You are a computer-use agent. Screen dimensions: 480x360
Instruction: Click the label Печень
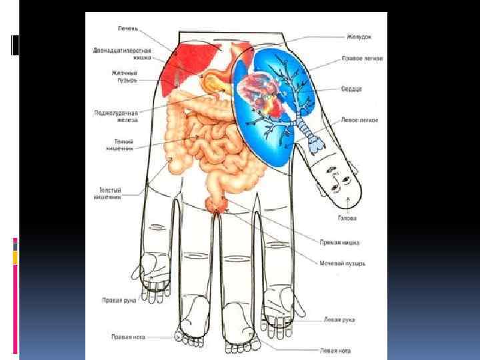click(x=129, y=29)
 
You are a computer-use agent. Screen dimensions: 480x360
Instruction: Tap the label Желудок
click(x=359, y=37)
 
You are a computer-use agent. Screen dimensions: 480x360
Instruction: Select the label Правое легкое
click(x=361, y=58)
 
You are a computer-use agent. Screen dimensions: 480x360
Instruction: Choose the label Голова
click(x=347, y=217)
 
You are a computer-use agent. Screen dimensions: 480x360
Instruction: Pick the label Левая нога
click(x=335, y=350)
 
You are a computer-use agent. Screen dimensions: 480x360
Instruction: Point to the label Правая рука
click(x=119, y=300)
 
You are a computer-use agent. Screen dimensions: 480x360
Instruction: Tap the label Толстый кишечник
click(x=107, y=193)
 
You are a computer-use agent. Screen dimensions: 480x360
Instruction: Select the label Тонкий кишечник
click(x=120, y=145)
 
